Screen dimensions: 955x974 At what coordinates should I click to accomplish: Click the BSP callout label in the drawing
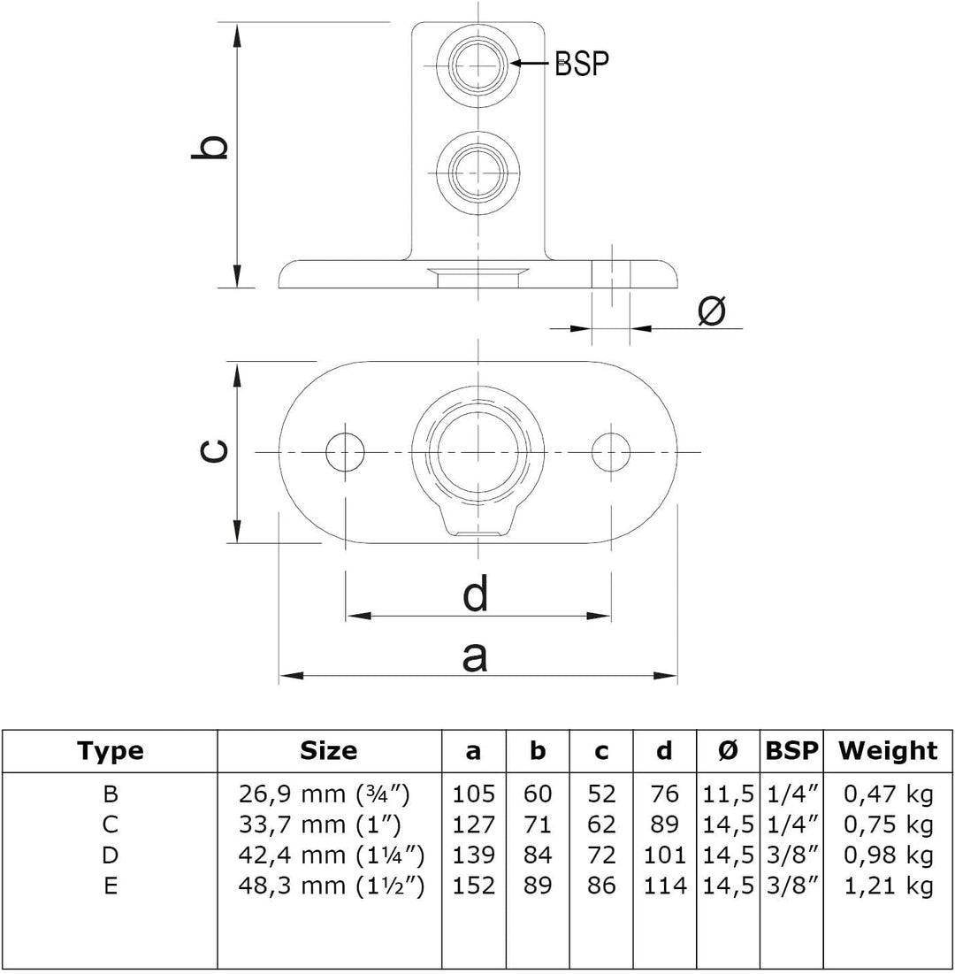[x=582, y=63]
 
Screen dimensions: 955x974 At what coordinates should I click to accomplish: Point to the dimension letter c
[x=213, y=451]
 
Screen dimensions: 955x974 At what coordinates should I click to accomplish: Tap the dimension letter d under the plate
[x=476, y=594]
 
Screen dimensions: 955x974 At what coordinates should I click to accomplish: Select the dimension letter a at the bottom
[x=475, y=657]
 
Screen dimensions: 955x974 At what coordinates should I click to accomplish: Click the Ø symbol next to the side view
[x=712, y=311]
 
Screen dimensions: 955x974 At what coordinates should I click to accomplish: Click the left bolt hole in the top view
[x=345, y=452]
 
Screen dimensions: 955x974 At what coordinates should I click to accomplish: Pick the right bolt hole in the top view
[x=611, y=452]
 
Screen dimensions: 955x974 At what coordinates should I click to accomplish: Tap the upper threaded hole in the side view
[x=477, y=64]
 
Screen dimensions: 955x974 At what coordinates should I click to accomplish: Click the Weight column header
[x=887, y=750]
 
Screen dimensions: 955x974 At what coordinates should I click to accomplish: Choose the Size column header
[x=328, y=750]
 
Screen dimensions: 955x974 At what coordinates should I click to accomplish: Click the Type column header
[x=110, y=751]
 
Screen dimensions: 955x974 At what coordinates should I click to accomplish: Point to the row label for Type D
[x=110, y=855]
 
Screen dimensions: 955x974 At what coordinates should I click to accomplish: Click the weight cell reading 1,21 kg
[x=889, y=886]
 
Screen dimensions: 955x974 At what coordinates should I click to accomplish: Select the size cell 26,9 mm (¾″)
[x=325, y=794]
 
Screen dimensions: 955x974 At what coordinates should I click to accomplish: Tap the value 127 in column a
[x=473, y=824]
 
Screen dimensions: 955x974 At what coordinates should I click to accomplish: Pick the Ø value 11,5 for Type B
[x=729, y=794]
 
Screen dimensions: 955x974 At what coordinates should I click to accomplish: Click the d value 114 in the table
[x=664, y=886]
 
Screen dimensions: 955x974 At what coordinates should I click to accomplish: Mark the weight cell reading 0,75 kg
[x=889, y=824]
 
